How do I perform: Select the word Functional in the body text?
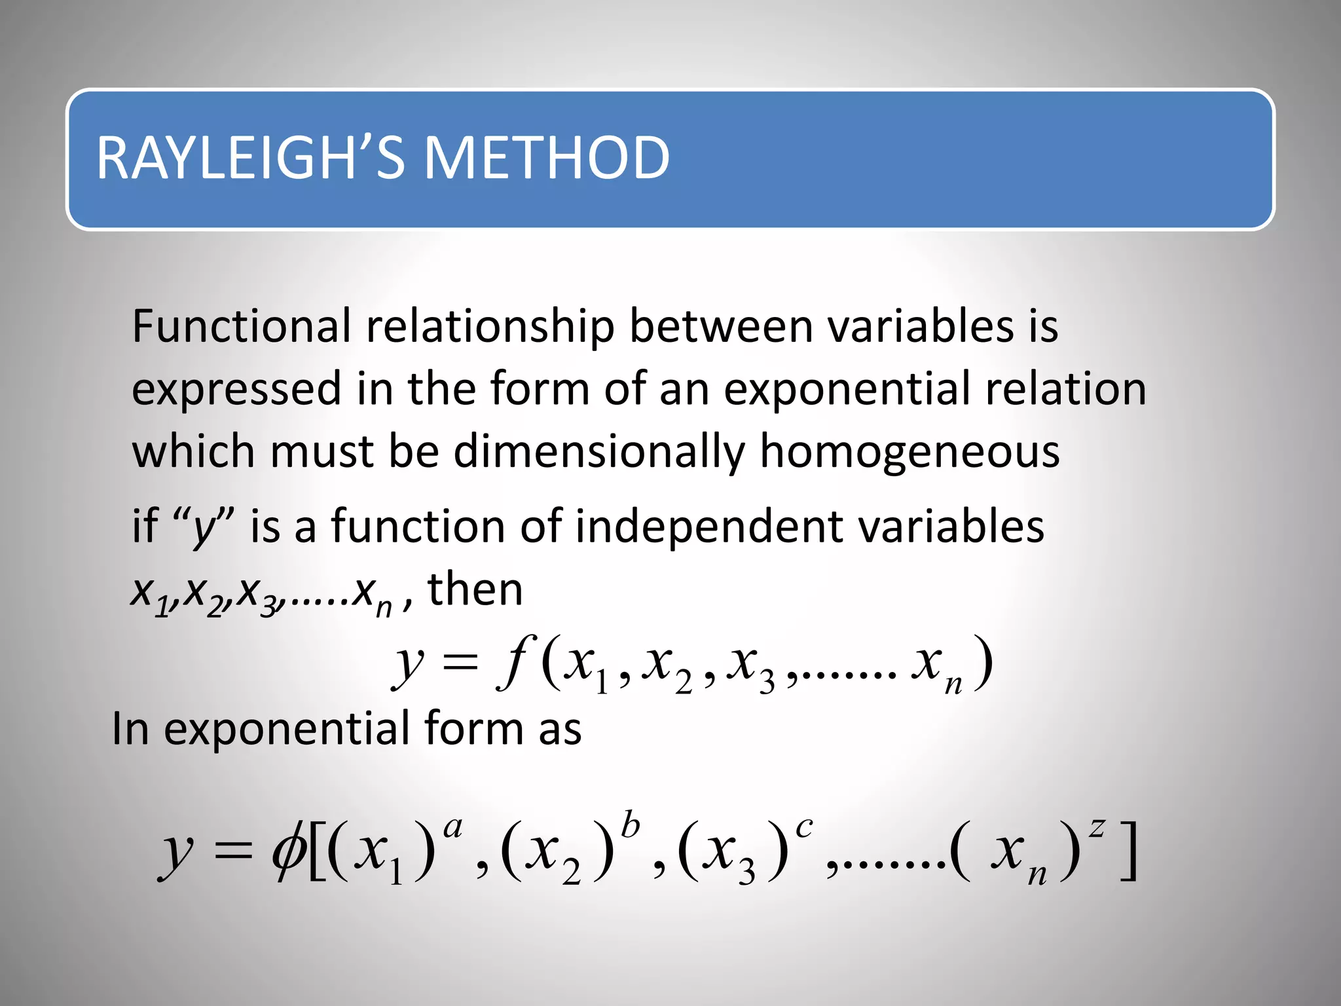coord(242,326)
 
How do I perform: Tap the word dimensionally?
coord(599,453)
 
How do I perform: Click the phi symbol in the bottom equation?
coord(288,851)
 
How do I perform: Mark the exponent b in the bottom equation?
coord(629,825)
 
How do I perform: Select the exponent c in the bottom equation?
coord(803,827)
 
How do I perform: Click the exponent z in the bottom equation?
coord(1096,828)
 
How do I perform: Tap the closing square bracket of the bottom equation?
coord(1128,851)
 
